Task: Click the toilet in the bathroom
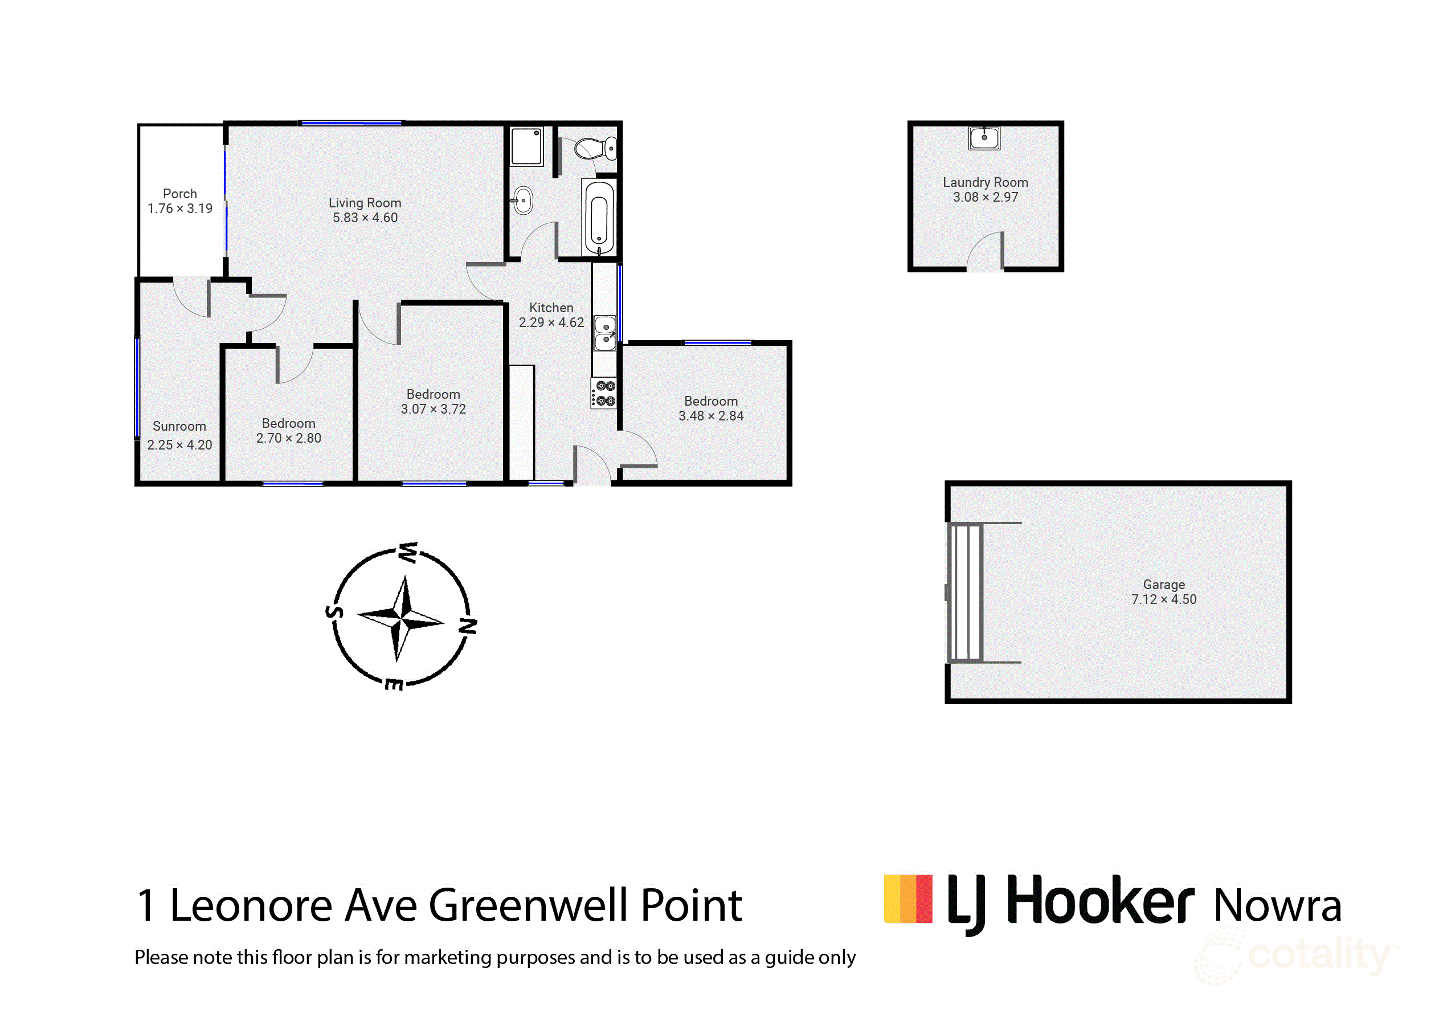click(594, 149)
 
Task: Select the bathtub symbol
click(599, 218)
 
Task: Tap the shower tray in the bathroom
click(526, 146)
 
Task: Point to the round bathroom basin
click(524, 201)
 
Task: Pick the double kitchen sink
click(606, 333)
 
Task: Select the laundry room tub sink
click(984, 138)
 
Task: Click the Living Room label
click(365, 203)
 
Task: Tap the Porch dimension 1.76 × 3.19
click(180, 209)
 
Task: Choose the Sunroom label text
click(179, 426)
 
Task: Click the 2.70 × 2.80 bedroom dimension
click(288, 438)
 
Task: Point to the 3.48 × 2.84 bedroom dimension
click(711, 416)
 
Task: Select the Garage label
click(1164, 585)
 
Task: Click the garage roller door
click(966, 592)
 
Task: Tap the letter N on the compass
click(468, 625)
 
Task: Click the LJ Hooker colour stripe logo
click(908, 899)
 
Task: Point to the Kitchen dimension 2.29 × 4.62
click(551, 322)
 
